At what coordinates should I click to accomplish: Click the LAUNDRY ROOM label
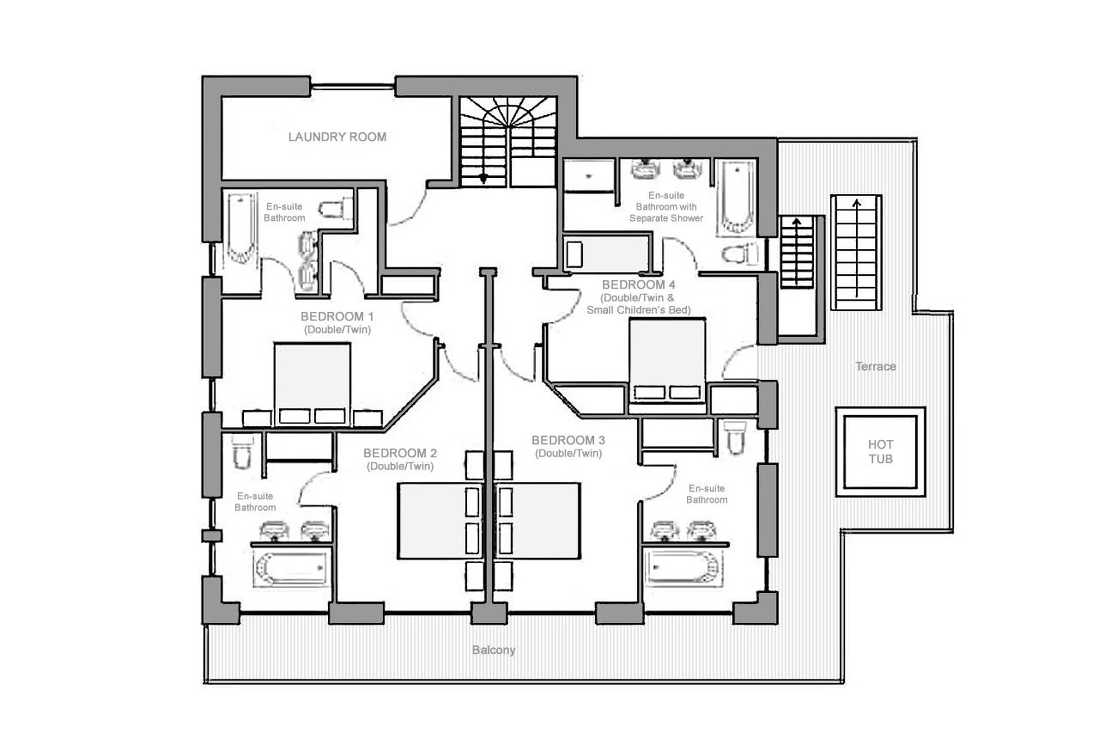coord(337,137)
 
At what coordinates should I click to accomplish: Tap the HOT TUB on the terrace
coord(880,452)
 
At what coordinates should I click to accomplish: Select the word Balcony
coord(493,650)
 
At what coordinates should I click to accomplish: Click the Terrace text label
coord(875,367)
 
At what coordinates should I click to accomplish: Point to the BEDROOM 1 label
coord(337,317)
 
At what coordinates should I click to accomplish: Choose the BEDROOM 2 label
coord(400,453)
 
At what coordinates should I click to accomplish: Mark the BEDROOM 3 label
coord(568,440)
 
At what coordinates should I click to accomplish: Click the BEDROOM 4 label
coord(638,285)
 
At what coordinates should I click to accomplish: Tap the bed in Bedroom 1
coord(312,383)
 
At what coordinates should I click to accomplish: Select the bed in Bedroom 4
coord(667,360)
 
